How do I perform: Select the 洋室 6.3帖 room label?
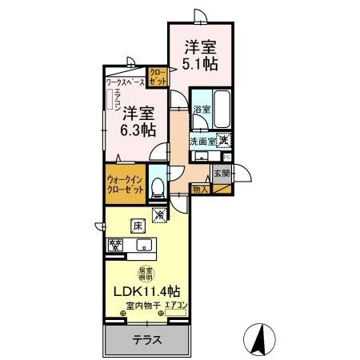[x=138, y=123]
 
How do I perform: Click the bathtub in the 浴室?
[x=221, y=109]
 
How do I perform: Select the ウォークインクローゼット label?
[x=125, y=185]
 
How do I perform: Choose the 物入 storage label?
[x=200, y=190]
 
